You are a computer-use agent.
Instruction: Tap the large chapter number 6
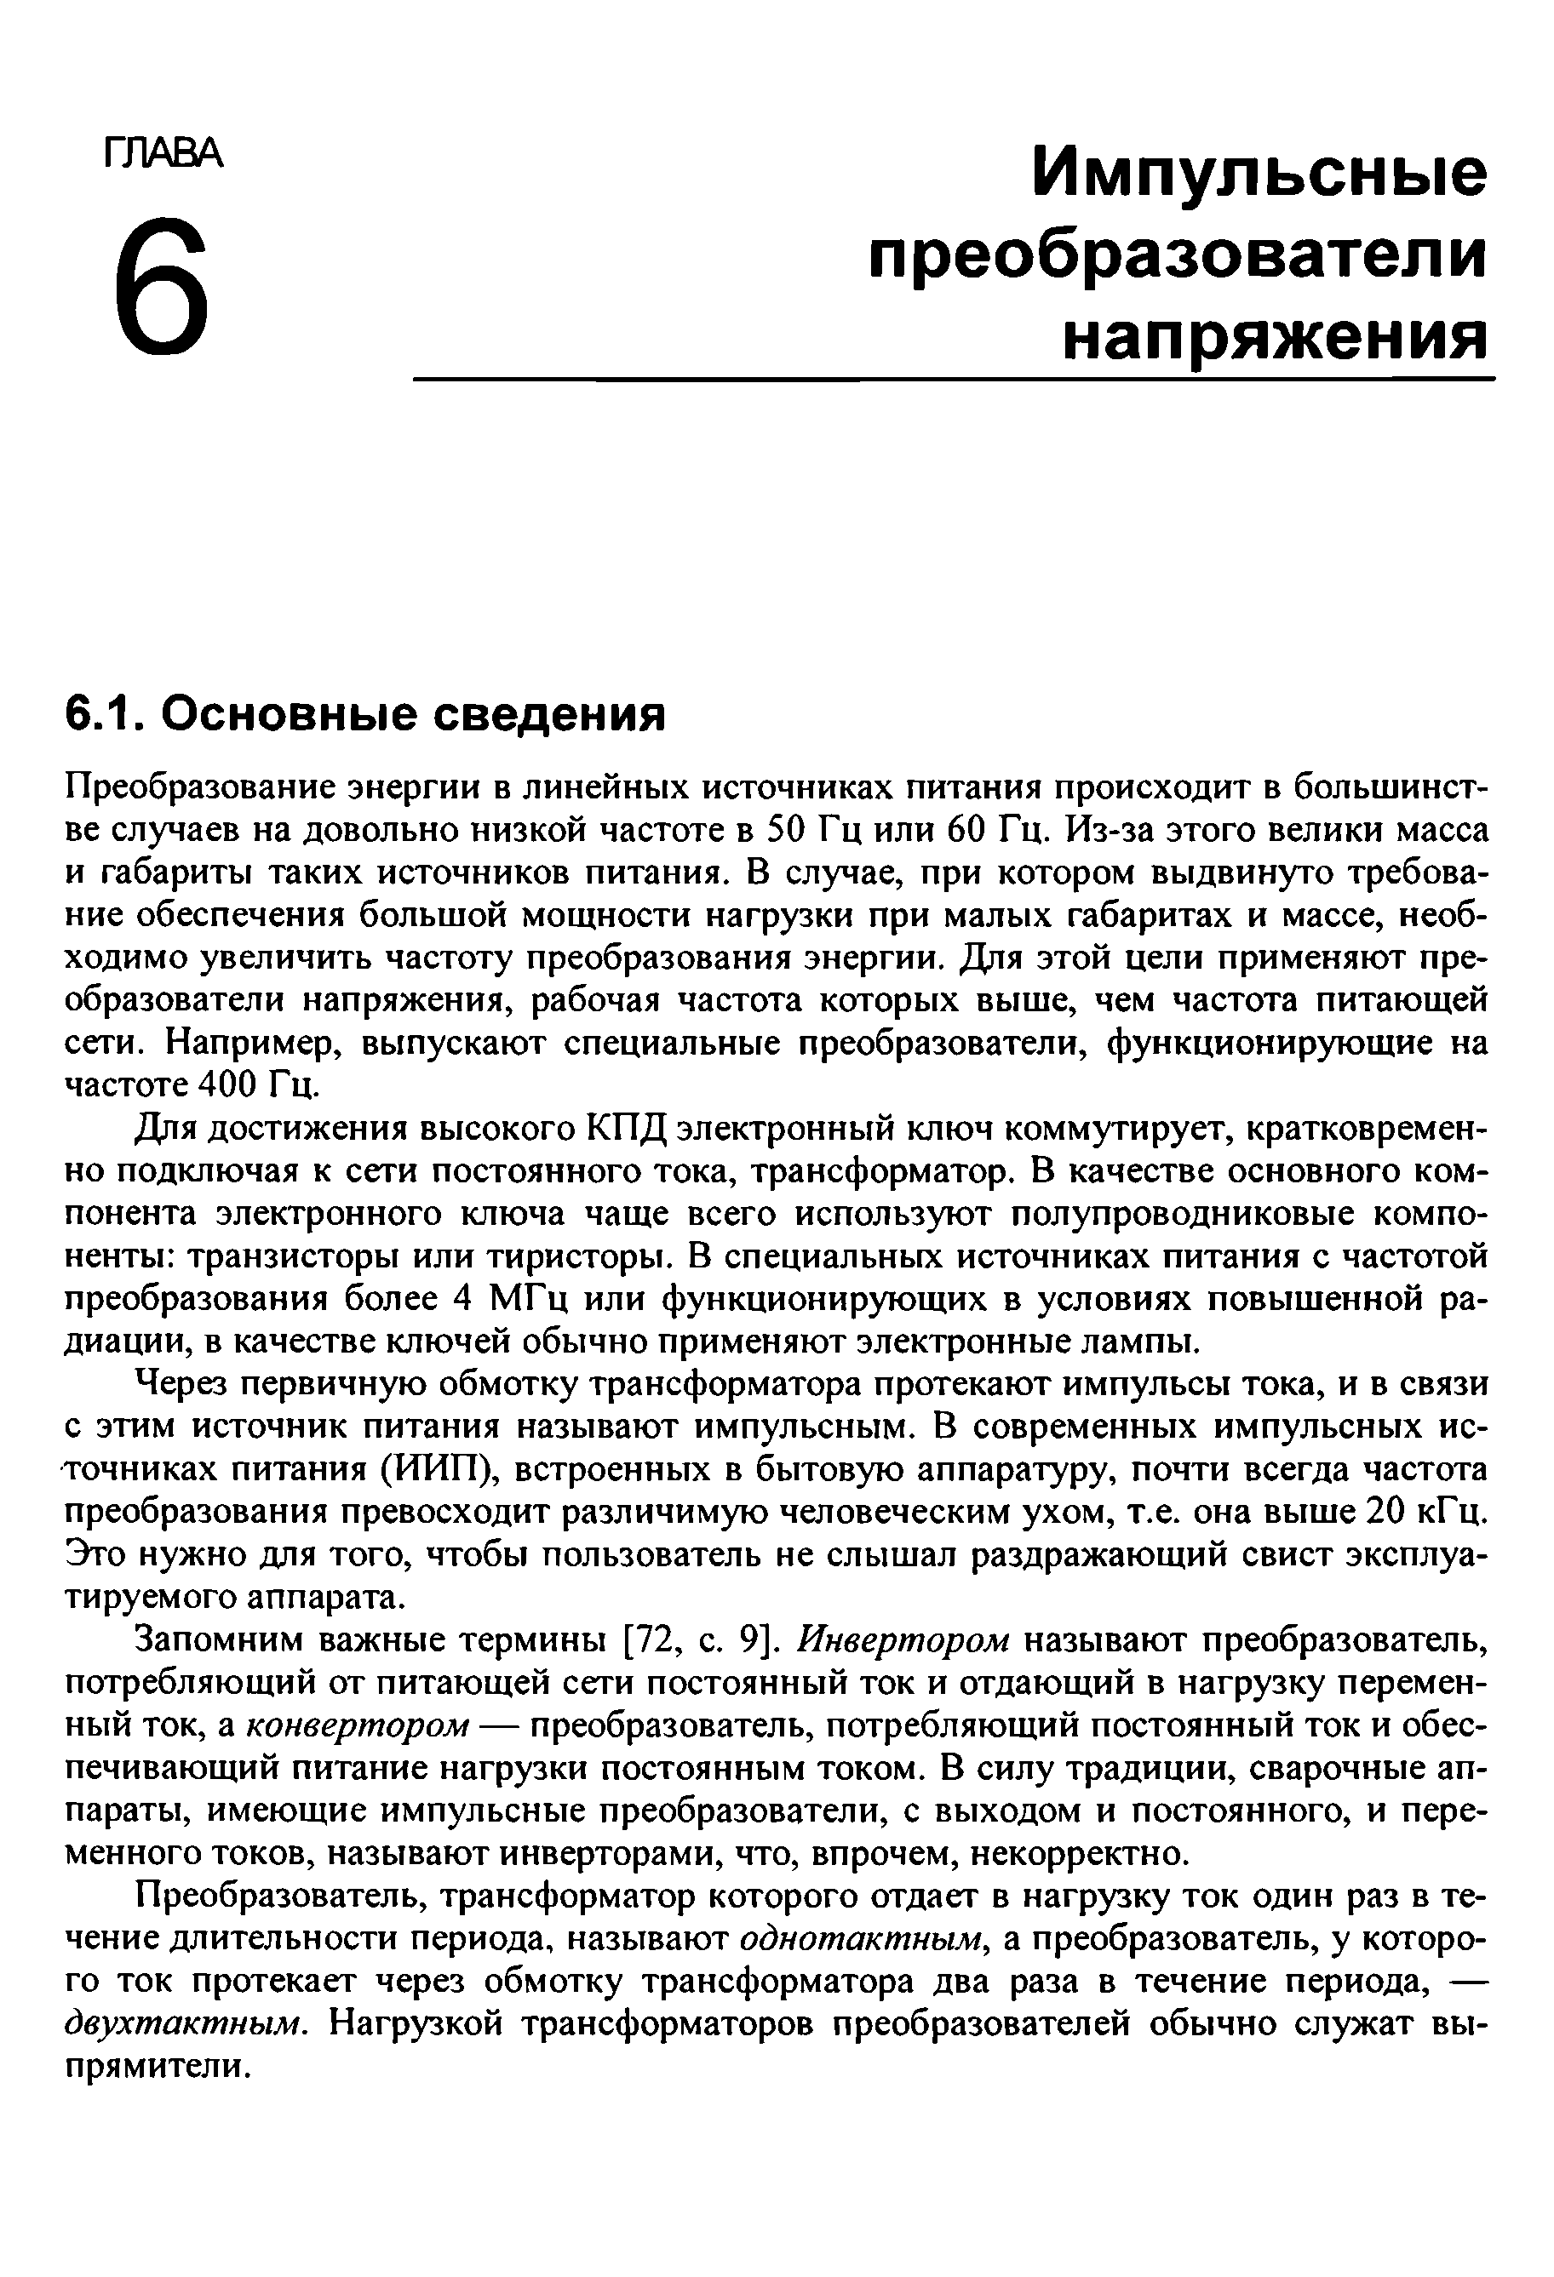162,283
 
